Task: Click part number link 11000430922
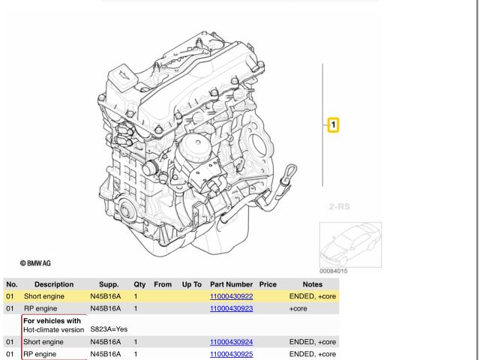click(x=231, y=297)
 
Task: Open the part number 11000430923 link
click(x=231, y=308)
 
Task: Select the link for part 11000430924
click(x=231, y=342)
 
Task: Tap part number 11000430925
click(x=231, y=353)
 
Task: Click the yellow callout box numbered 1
click(x=333, y=125)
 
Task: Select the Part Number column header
click(x=231, y=285)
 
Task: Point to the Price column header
click(x=268, y=285)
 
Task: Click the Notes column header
click(x=313, y=285)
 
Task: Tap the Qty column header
click(x=139, y=285)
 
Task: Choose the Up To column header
click(x=191, y=285)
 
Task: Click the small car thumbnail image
click(x=350, y=244)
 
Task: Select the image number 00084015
click(x=334, y=271)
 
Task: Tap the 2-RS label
click(x=340, y=205)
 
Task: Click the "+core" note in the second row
click(x=300, y=308)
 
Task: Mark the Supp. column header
click(x=109, y=285)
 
